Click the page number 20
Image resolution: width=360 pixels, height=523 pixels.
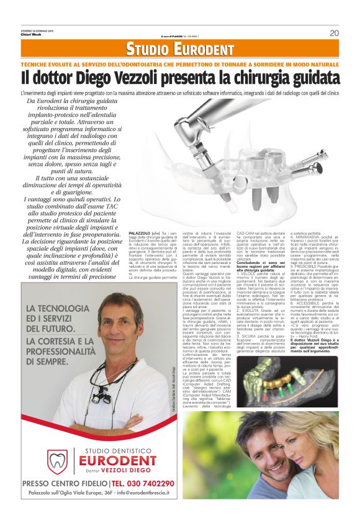[x=334, y=33]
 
